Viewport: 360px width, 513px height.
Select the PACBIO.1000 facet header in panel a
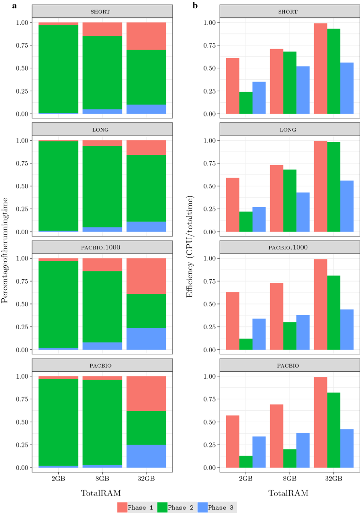tap(102, 248)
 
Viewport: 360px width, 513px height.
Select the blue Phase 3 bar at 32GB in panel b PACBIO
tap(347, 448)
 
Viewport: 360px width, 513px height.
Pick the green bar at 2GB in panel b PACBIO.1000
tap(246, 344)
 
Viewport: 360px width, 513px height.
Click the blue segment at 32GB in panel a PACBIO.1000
tap(146, 339)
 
